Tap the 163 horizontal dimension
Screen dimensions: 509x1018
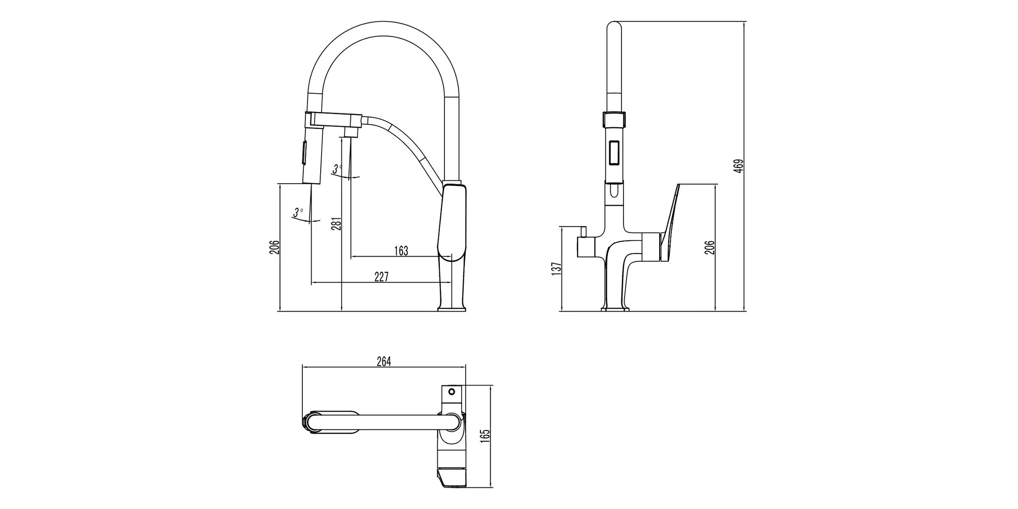(401, 251)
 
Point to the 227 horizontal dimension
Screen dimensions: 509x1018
(381, 277)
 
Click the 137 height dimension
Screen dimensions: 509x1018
(556, 268)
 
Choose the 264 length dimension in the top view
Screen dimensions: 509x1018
(384, 361)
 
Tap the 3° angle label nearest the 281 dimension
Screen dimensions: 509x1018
(337, 168)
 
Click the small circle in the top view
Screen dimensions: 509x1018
(450, 392)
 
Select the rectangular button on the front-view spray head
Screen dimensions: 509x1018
(614, 153)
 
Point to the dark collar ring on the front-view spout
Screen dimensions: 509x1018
(614, 120)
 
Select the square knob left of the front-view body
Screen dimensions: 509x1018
(585, 248)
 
